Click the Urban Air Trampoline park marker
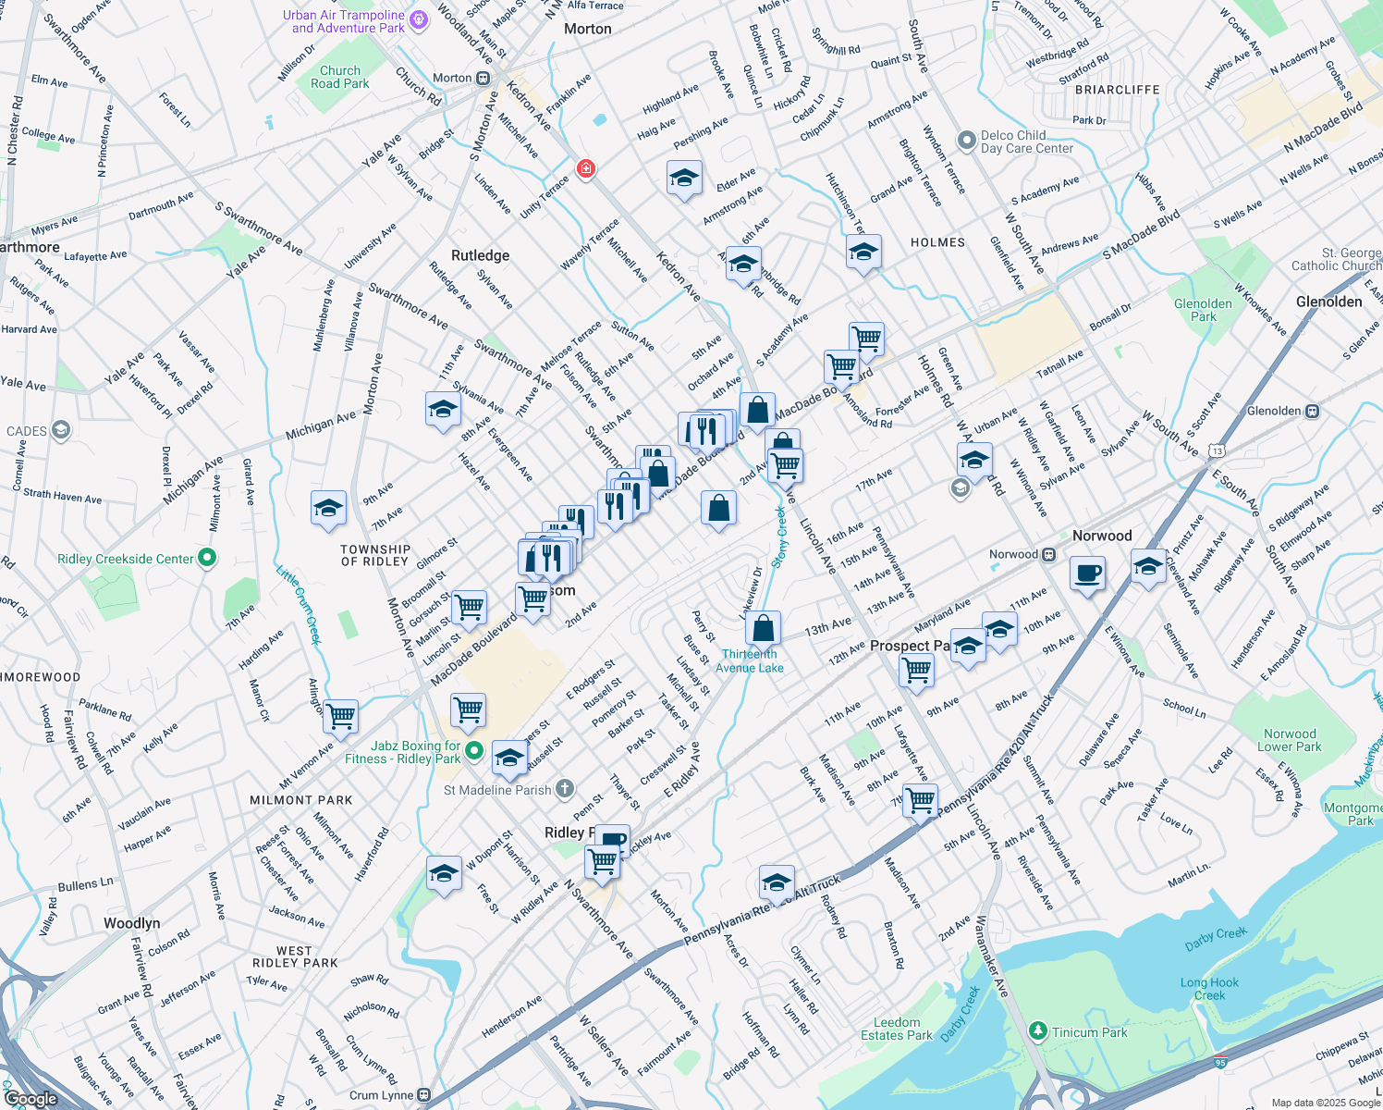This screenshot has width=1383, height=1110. [418, 20]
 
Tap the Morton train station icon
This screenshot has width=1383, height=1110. [483, 79]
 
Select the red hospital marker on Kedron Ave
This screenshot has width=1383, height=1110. [585, 168]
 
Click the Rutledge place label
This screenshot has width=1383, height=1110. [480, 255]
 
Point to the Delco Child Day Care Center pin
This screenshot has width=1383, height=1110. [967, 141]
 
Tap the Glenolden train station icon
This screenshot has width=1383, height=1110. [1311, 411]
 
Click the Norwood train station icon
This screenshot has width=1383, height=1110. [1048, 555]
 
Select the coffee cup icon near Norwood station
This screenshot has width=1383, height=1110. [1087, 573]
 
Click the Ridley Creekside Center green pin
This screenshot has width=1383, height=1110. [207, 558]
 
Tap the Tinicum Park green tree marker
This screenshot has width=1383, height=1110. [1038, 1030]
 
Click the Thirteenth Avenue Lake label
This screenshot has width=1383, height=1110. [750, 660]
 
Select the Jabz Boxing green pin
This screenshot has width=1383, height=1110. [474, 750]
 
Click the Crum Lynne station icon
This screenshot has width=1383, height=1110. [424, 1095]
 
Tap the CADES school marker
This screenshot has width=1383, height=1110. [61, 430]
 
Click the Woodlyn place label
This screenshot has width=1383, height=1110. [132, 923]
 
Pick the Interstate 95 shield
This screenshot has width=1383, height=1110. [1220, 1063]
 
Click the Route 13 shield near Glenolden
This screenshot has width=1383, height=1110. [1218, 450]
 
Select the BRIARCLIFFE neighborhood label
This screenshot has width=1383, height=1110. [1117, 90]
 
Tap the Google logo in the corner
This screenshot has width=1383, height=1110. [31, 1099]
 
